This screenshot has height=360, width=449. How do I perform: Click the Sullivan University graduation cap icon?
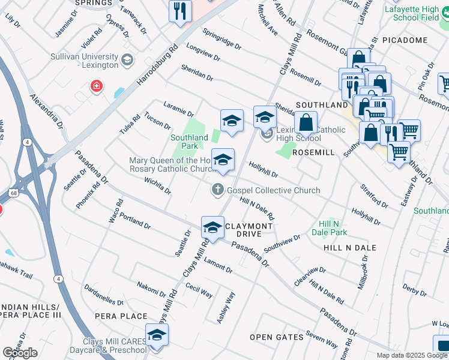(127, 59)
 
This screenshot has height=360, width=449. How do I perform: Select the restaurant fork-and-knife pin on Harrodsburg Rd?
(180, 11)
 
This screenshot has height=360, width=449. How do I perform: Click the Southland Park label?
(190, 142)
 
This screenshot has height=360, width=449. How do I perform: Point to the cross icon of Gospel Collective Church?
(219, 190)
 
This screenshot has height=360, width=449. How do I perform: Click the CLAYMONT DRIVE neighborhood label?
(249, 229)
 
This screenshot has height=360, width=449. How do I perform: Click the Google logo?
(20, 353)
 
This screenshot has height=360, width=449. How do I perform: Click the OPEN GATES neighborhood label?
(277, 337)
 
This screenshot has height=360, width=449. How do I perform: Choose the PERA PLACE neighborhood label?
(121, 316)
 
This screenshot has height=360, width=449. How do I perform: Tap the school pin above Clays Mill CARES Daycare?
(157, 335)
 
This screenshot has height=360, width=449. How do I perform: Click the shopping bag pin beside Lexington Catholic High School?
(306, 122)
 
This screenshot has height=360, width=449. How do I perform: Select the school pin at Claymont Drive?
(212, 227)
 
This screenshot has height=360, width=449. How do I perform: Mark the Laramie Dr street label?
(178, 112)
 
